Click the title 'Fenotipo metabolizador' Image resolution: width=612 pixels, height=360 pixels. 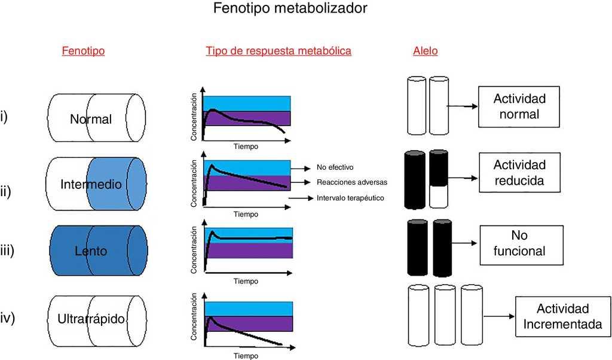point(290,8)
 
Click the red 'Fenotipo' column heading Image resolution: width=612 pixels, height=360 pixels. point(83,51)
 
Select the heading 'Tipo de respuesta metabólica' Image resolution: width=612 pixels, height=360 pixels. point(279,51)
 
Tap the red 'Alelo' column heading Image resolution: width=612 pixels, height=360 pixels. point(425,51)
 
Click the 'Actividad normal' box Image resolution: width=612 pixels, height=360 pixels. point(519,106)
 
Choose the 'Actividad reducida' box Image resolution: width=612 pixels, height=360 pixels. point(519,172)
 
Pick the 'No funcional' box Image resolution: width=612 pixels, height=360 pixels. point(519,243)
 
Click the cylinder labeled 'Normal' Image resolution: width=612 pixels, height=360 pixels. point(96,118)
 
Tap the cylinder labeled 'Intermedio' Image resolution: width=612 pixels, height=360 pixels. point(96,184)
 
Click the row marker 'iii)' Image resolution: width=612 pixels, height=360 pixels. point(7,251)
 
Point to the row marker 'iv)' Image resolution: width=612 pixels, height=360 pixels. point(7,318)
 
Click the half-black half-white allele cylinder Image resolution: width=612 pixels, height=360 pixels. point(438,178)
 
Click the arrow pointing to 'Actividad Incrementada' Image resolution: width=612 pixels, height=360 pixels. point(500,317)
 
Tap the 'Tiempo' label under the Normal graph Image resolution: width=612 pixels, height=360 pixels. point(246,147)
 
